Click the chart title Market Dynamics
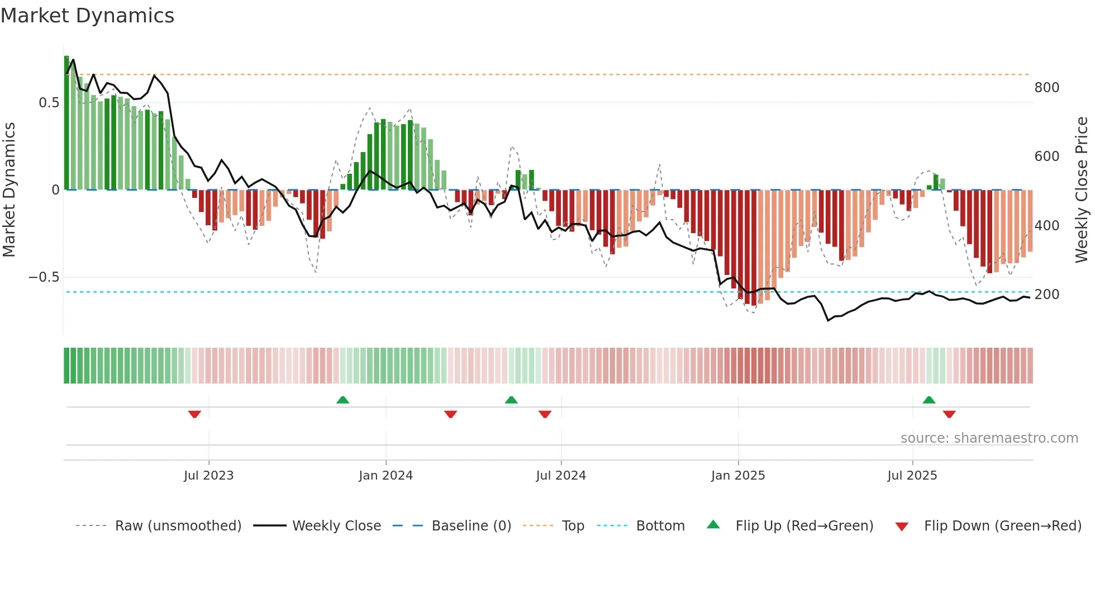pyautogui.click(x=87, y=16)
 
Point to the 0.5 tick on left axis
pyautogui.click(x=49, y=103)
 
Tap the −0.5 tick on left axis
pyautogui.click(x=44, y=277)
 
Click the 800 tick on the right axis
pyautogui.click(x=1046, y=88)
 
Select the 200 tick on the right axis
pyautogui.click(x=1046, y=295)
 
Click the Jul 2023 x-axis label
pyautogui.click(x=208, y=476)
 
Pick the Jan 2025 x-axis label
pyautogui.click(x=737, y=476)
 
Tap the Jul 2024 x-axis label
pyautogui.click(x=560, y=476)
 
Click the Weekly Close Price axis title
pyautogui.click(x=1082, y=190)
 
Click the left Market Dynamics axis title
pyautogui.click(x=9, y=190)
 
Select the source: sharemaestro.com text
pyautogui.click(x=989, y=438)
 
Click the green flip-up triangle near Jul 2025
pyautogui.click(x=929, y=400)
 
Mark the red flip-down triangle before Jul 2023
pyautogui.click(x=194, y=414)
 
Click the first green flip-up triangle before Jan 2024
pyautogui.click(x=342, y=400)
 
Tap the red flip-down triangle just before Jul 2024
pyautogui.click(x=545, y=414)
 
